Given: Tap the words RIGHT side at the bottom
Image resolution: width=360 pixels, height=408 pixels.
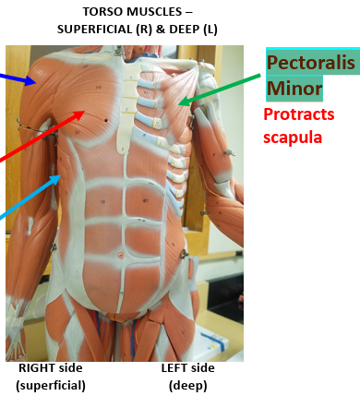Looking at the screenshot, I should pos(52,368).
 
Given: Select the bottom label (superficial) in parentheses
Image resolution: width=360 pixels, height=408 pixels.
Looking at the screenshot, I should pos(52,386).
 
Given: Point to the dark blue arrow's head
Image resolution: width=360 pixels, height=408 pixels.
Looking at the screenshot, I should pos(35,82).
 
